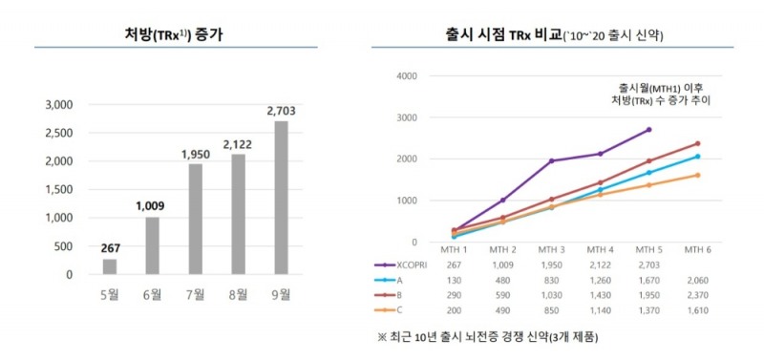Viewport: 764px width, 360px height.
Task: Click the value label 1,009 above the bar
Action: tap(150, 204)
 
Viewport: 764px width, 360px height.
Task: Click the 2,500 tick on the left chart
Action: tap(59, 132)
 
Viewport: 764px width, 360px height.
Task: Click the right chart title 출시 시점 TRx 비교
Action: tap(554, 34)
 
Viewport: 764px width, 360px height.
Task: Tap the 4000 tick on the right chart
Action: tap(405, 76)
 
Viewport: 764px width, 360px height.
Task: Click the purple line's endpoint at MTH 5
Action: tap(649, 130)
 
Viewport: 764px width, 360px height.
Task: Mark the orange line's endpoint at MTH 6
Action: tap(698, 175)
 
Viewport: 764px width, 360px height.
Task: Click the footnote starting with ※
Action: tap(487, 337)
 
